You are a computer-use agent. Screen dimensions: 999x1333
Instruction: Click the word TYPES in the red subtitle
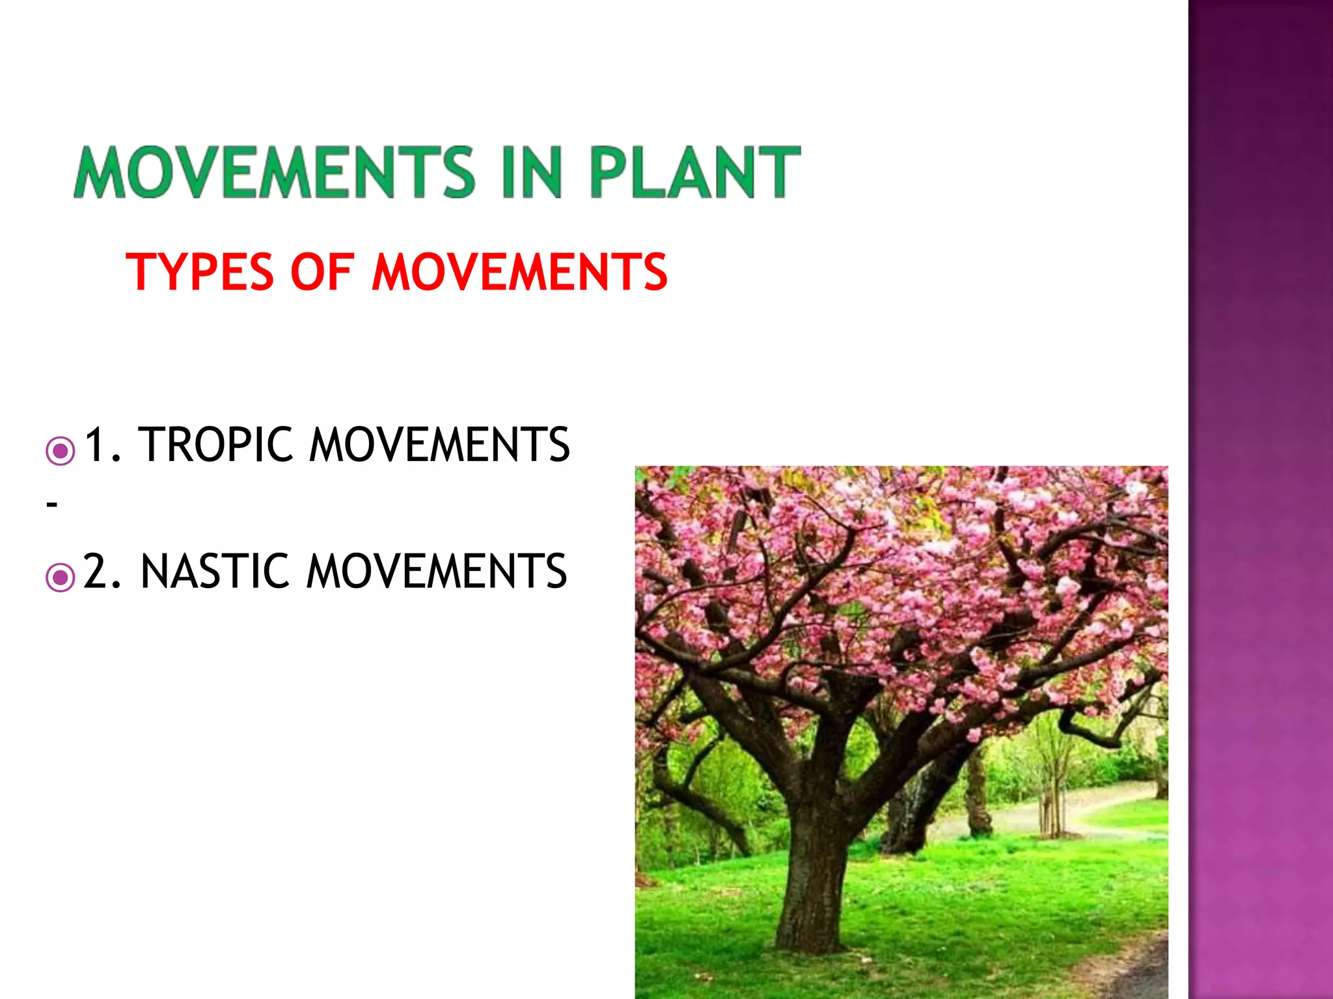tap(200, 272)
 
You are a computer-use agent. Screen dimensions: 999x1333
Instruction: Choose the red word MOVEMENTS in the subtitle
tap(519, 272)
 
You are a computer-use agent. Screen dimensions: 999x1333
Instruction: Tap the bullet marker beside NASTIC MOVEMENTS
tap(61, 577)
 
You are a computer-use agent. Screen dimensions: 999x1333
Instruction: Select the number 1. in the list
tap(103, 445)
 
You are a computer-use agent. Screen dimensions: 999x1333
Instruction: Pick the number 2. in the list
tap(103, 572)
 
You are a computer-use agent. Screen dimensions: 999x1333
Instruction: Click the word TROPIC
tap(216, 445)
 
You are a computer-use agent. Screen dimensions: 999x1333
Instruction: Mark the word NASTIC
tap(215, 572)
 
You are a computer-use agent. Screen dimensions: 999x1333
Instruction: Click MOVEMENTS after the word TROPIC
tap(439, 445)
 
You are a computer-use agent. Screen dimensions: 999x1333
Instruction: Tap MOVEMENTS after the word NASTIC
tap(437, 572)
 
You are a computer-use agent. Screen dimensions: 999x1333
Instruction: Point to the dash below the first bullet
tap(52, 504)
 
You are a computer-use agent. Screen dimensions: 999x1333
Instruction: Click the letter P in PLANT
tap(608, 172)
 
